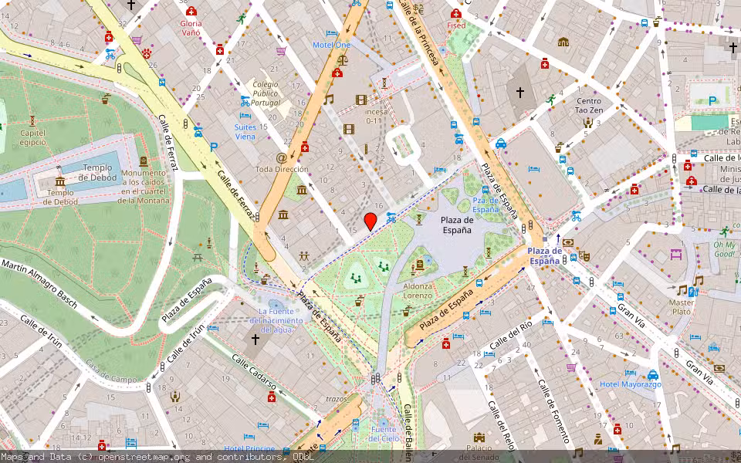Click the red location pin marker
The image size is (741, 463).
pyautogui.click(x=370, y=221)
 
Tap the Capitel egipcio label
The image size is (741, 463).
pyautogui.click(x=32, y=137)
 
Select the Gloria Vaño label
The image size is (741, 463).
pyautogui.click(x=191, y=29)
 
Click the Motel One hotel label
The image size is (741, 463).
pyautogui.click(x=331, y=45)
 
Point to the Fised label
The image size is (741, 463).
pyautogui.click(x=456, y=25)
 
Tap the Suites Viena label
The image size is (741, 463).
pyautogui.click(x=245, y=131)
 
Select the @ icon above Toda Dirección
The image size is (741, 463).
pyautogui.click(x=281, y=157)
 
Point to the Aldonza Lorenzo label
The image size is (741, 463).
pyautogui.click(x=418, y=290)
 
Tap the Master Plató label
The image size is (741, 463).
pyautogui.click(x=682, y=306)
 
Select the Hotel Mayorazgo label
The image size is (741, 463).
pyautogui.click(x=631, y=384)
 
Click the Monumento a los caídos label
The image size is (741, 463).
pyautogui.click(x=143, y=186)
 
